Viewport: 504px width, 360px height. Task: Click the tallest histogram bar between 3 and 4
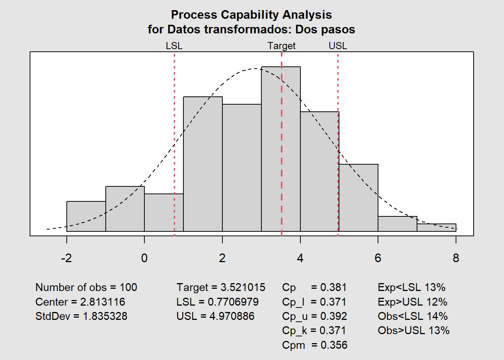click(280, 150)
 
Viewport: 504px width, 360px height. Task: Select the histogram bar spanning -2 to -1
click(86, 216)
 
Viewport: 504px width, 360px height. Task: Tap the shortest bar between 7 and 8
click(436, 227)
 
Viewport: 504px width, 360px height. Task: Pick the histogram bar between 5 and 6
click(358, 198)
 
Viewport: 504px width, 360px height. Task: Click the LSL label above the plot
click(174, 46)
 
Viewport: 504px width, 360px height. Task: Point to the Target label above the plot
click(281, 46)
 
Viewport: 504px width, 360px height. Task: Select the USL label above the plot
click(337, 46)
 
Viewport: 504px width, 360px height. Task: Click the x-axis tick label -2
click(66, 258)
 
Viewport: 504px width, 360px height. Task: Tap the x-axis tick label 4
click(300, 258)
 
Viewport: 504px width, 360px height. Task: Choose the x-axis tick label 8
click(456, 258)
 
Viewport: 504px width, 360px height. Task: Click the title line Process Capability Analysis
click(251, 15)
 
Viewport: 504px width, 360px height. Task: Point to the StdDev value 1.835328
click(105, 316)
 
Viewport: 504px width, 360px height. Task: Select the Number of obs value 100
click(128, 287)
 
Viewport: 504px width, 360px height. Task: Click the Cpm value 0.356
click(334, 345)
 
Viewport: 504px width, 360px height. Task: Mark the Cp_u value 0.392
click(333, 316)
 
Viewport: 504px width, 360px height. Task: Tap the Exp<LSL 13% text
click(411, 287)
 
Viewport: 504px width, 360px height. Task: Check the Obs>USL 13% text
click(413, 330)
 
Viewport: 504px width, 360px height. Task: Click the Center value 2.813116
click(102, 302)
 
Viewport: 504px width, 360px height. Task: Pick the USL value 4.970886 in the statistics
click(232, 316)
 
